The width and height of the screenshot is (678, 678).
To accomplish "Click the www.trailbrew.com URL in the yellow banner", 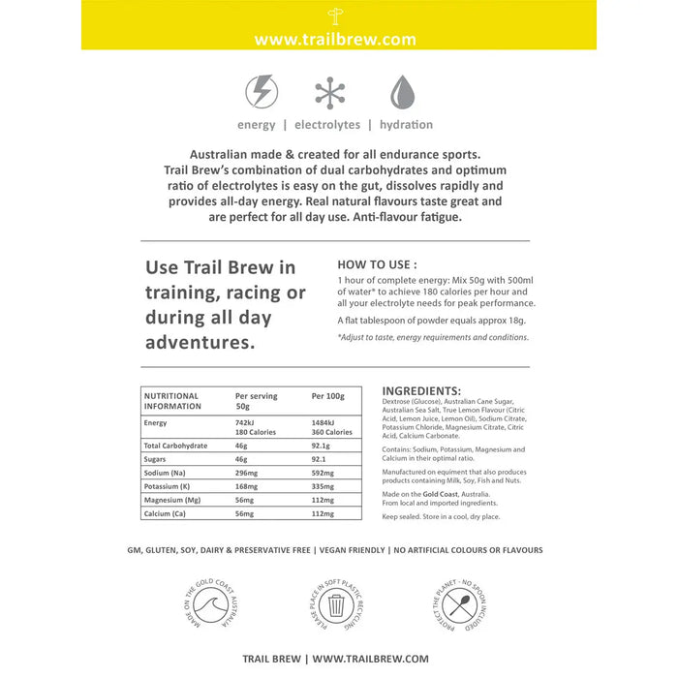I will (x=334, y=40).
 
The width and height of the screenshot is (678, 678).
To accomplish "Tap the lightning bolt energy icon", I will (x=262, y=92).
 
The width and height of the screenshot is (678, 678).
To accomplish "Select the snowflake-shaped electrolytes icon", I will (x=330, y=92).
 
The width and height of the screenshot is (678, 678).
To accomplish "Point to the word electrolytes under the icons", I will (x=327, y=125).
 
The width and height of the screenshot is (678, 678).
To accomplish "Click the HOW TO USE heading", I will (x=377, y=263).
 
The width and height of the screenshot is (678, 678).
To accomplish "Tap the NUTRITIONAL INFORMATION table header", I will (x=171, y=401).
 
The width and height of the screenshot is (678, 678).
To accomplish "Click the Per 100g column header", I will (x=329, y=396).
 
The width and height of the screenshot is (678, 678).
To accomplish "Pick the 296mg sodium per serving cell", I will (x=249, y=471).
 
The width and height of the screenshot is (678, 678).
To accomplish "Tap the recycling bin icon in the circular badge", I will (x=337, y=606).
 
